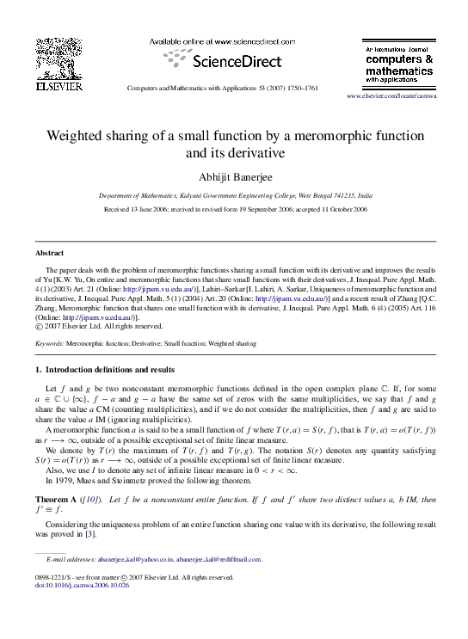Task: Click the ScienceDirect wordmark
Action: (x=225, y=62)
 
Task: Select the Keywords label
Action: (x=49, y=343)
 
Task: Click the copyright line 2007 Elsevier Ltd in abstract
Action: (x=102, y=326)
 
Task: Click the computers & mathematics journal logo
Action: (x=399, y=64)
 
